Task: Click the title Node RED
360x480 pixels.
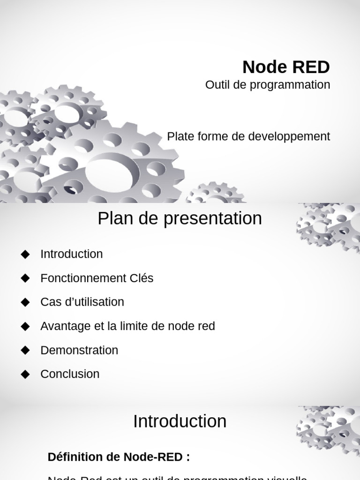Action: click(x=286, y=67)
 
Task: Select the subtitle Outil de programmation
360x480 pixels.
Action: click(x=268, y=85)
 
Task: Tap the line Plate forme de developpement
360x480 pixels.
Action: click(x=248, y=136)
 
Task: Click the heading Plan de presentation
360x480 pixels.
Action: click(x=180, y=218)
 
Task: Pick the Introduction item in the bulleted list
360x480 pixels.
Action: click(x=71, y=254)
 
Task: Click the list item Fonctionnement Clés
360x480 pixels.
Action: click(x=97, y=278)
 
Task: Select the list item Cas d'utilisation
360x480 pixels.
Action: click(x=82, y=302)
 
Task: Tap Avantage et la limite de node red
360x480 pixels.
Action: click(x=127, y=326)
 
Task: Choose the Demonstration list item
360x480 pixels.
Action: click(x=79, y=350)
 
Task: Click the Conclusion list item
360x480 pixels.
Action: click(x=70, y=374)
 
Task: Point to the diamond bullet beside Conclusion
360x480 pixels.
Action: click(x=25, y=374)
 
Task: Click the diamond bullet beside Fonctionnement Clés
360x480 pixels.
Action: click(x=25, y=278)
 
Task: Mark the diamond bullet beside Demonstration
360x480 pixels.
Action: click(x=25, y=350)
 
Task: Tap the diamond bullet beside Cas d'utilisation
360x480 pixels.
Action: click(x=25, y=302)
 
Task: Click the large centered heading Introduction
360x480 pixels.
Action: click(x=180, y=421)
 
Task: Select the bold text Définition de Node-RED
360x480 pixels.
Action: click(x=119, y=457)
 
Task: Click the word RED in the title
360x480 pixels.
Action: click(x=311, y=67)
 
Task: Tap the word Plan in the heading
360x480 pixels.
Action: click(x=112, y=218)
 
